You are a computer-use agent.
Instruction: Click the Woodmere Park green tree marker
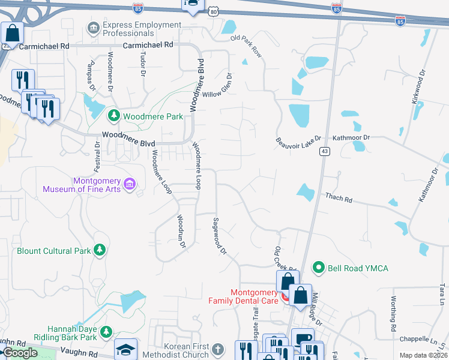[112, 115]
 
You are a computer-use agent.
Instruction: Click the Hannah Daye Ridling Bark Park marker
[106, 331]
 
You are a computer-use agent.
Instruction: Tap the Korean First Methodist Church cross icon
[218, 349]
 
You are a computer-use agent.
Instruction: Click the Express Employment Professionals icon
[93, 28]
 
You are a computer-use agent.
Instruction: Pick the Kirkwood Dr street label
[418, 87]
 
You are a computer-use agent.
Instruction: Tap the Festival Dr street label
[97, 155]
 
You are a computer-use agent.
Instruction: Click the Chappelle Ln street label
[426, 338]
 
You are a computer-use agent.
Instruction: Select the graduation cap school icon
[126, 349]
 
